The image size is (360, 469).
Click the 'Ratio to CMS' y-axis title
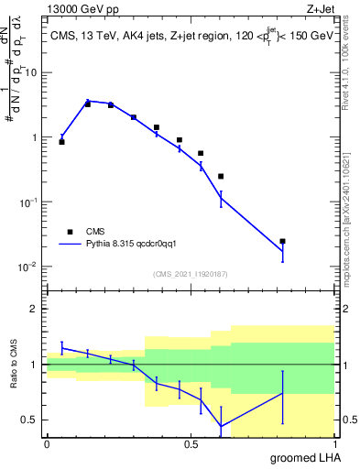coord(16,364)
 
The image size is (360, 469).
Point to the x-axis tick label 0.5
coord(191,443)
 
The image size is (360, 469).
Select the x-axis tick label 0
coord(47,443)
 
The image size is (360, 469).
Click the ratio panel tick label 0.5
coord(29,420)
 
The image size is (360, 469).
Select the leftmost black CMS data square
coord(61,142)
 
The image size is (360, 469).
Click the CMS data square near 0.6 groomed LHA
coord(221,176)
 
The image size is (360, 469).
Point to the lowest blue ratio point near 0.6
coord(221,426)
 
